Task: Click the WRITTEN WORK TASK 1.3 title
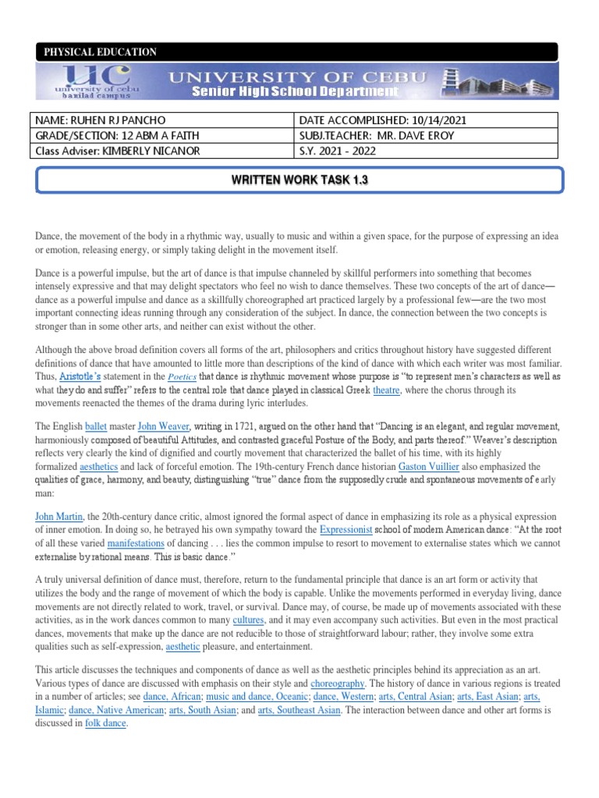click(299, 180)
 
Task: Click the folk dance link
click(105, 722)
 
